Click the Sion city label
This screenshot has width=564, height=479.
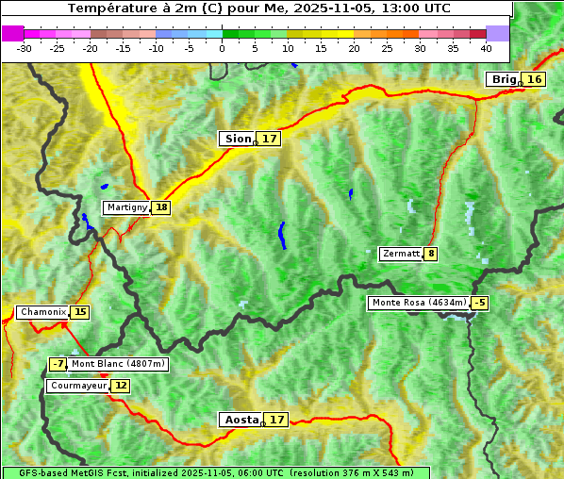click(237, 139)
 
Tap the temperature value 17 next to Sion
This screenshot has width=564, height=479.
click(270, 139)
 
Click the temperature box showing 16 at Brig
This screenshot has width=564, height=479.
click(535, 79)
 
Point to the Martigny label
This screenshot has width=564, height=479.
click(126, 207)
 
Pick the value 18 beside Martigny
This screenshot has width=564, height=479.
click(161, 207)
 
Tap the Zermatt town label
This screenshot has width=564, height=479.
click(401, 254)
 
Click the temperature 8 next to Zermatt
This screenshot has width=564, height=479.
click(431, 254)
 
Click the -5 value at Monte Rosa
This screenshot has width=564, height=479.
click(480, 303)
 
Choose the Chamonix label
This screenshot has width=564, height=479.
click(42, 312)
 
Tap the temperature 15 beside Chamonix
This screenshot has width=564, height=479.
click(80, 312)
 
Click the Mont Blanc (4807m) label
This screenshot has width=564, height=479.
click(118, 364)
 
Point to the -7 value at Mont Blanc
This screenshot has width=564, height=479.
click(58, 364)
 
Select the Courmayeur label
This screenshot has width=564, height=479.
click(78, 386)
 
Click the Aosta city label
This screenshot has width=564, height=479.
click(240, 420)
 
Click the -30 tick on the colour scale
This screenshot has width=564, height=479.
click(25, 47)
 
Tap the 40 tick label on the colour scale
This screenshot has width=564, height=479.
click(486, 47)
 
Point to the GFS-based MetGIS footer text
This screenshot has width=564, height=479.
click(216, 472)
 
